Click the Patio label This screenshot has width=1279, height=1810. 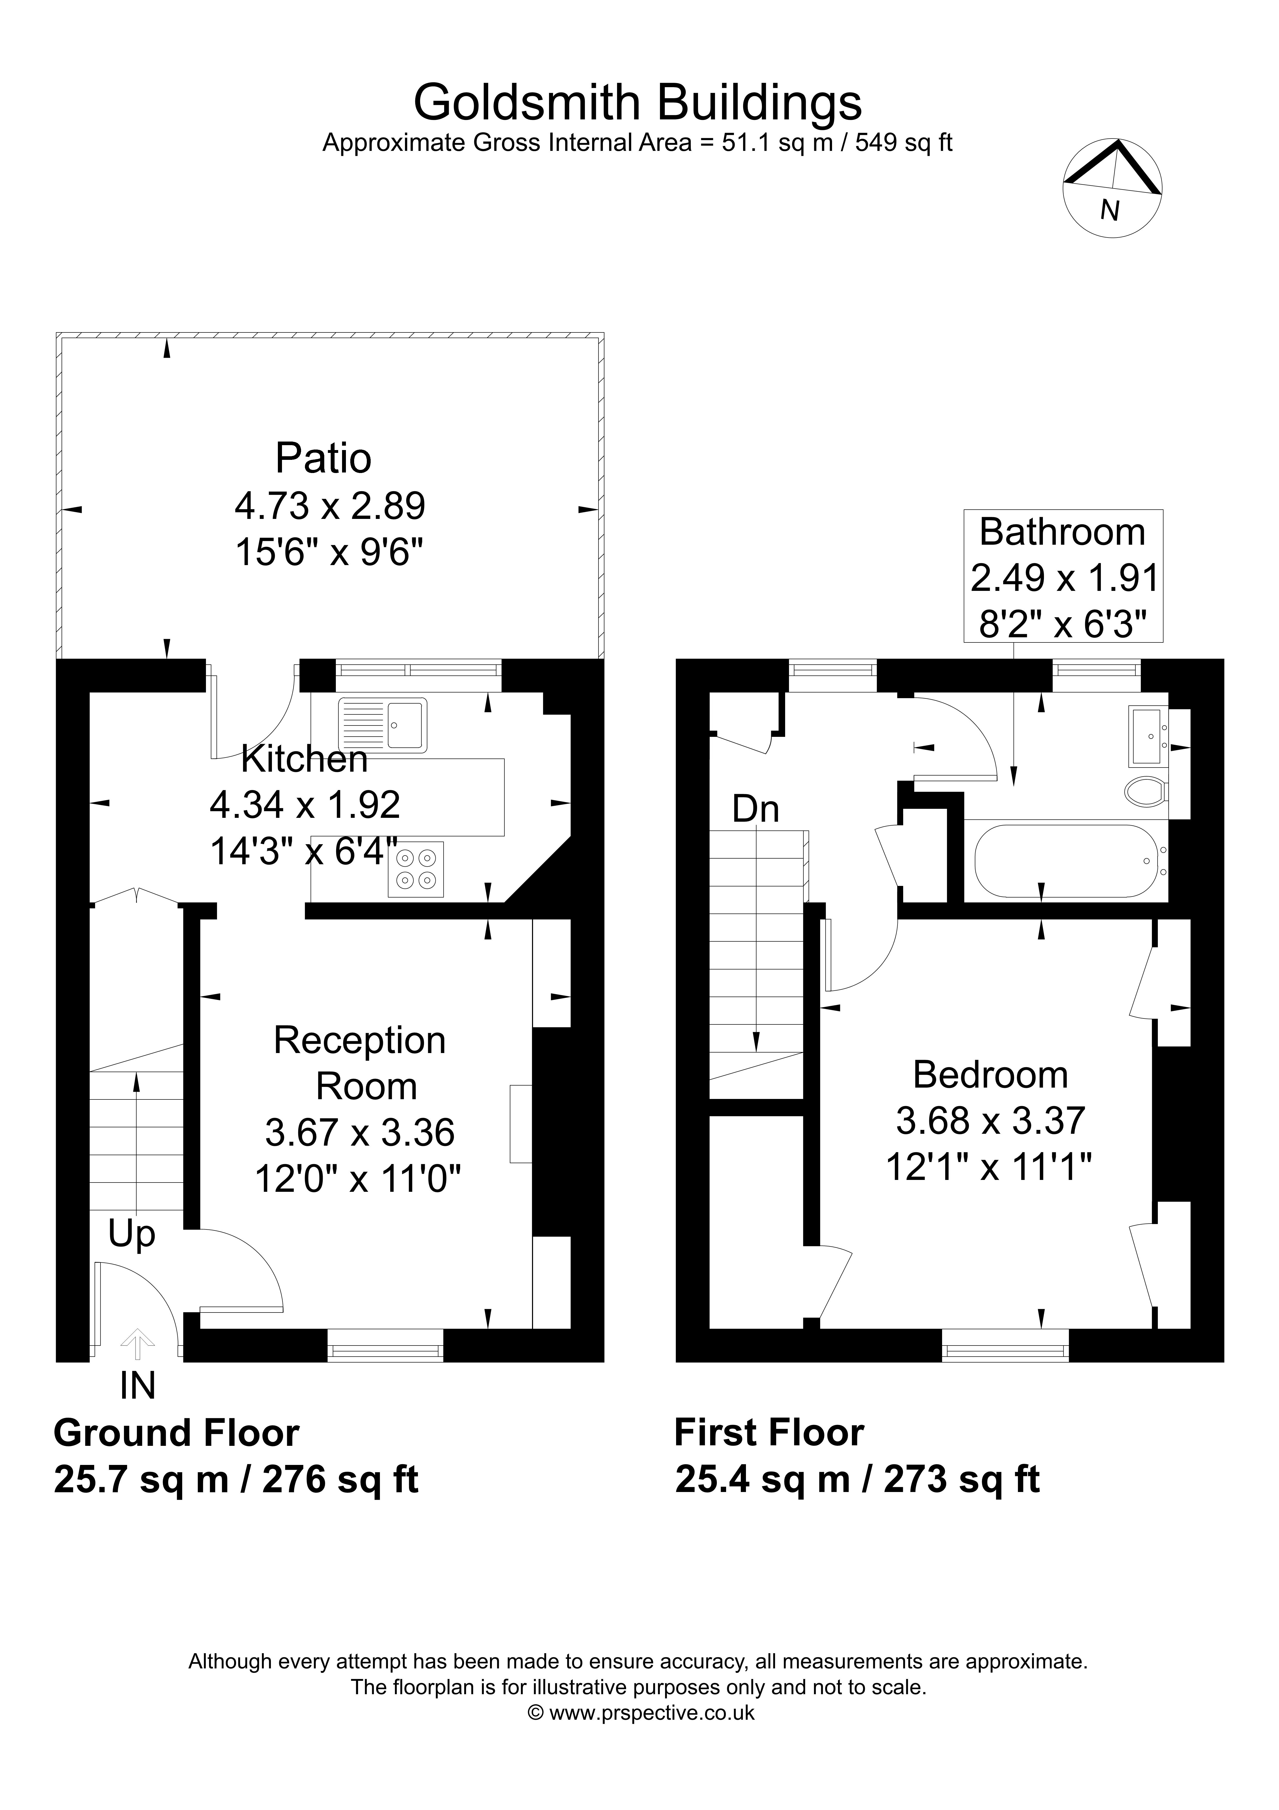tap(323, 458)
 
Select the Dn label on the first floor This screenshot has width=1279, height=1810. tap(756, 809)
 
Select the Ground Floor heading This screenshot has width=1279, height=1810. tap(177, 1433)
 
